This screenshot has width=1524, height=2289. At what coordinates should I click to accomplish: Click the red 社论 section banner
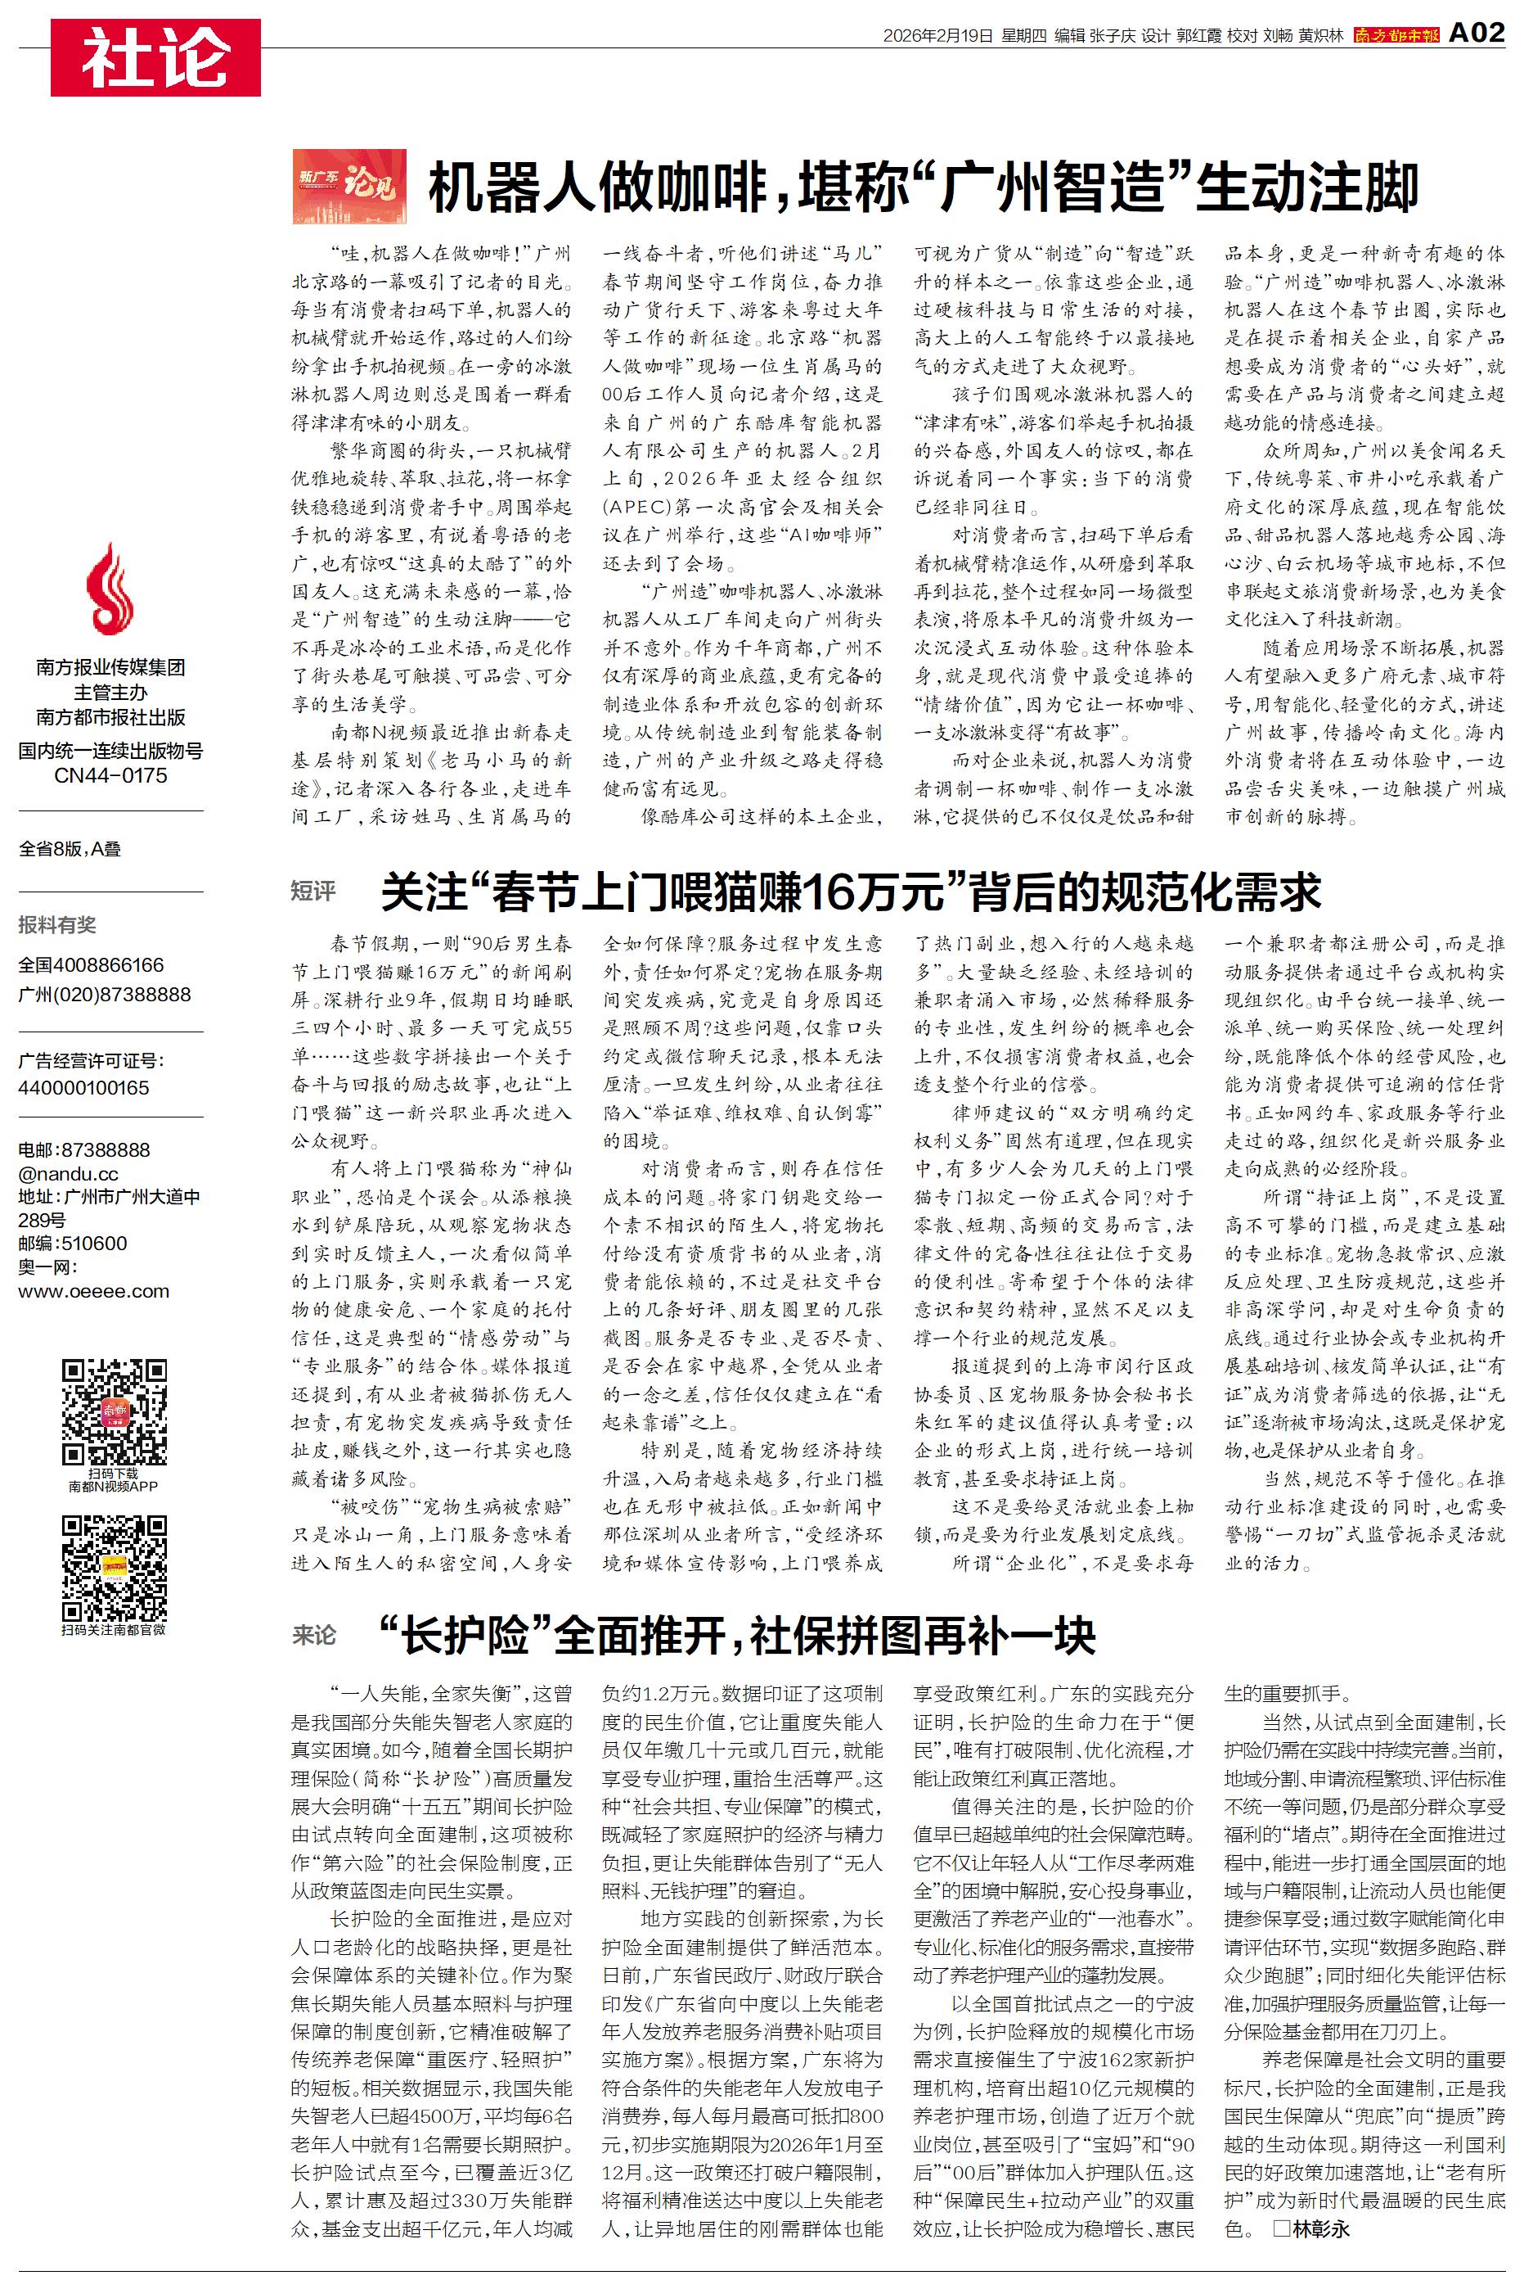coord(155,57)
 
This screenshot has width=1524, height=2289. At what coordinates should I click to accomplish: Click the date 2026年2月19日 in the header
coord(938,36)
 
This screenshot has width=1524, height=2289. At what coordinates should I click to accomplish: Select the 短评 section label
coord(313,891)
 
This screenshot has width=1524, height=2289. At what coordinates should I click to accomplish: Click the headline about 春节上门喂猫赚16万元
coord(851,892)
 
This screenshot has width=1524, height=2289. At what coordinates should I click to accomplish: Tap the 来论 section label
coord(314,1635)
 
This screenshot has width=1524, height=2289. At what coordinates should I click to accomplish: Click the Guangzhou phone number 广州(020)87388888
coord(104,994)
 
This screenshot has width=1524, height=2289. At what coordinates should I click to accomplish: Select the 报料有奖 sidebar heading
coord(57,925)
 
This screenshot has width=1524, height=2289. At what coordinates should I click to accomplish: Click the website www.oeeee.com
coord(93,1291)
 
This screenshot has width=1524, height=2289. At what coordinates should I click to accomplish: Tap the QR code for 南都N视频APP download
coord(114,1412)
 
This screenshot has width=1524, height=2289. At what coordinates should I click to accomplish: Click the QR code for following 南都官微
coord(114,1568)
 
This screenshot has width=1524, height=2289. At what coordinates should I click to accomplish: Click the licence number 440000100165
coord(83,1088)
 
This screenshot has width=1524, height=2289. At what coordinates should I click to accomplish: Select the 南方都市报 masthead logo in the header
coord(1396,36)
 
